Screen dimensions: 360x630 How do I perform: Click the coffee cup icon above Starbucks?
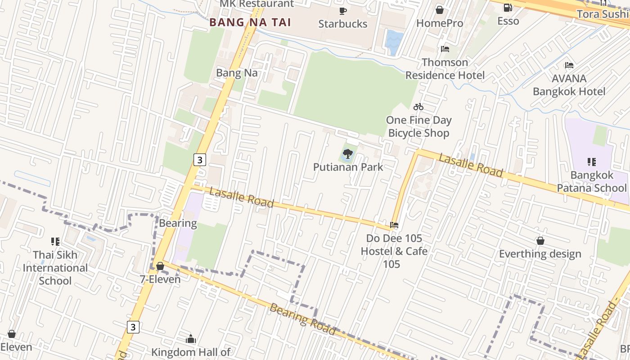coord(343,11)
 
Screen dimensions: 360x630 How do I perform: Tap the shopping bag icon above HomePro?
coord(440,9)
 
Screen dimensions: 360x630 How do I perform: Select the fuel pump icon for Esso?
coord(508,8)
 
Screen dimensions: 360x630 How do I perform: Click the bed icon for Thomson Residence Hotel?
coord(445,49)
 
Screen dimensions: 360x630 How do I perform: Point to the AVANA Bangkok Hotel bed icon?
coord(569,65)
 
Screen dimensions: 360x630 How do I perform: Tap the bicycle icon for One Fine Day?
coord(418,107)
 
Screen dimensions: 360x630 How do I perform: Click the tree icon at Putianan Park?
coord(347,154)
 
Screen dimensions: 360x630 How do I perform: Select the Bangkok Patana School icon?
coord(592,162)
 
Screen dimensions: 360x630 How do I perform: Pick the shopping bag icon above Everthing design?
coord(540,241)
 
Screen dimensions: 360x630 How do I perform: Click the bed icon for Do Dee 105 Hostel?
coord(395,225)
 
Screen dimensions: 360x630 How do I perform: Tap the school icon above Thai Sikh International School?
coord(55,242)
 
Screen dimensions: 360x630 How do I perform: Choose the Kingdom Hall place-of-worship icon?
coord(191,339)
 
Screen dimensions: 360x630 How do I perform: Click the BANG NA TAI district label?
coord(250,22)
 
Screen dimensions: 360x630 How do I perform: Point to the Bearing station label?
coord(178,223)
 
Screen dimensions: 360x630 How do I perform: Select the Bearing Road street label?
coord(302,319)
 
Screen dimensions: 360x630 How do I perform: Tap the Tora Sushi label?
coord(603,14)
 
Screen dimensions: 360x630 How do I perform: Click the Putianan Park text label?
coord(348,167)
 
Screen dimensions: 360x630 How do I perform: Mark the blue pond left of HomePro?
coord(394,41)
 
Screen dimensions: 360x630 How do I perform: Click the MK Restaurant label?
coord(256,4)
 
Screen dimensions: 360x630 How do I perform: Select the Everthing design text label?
coord(540,254)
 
